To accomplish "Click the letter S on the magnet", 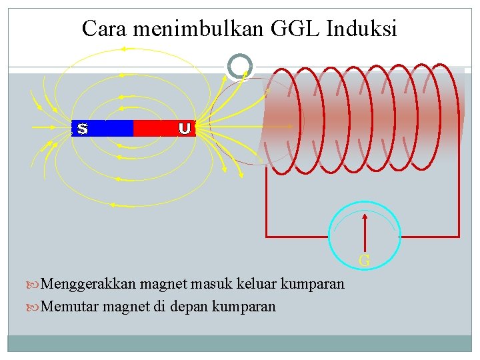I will (82, 128).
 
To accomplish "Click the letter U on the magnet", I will (185, 128).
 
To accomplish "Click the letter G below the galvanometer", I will (365, 261).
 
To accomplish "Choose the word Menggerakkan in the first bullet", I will (89, 284).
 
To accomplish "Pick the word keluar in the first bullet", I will (257, 284).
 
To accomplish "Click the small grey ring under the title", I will (240, 66).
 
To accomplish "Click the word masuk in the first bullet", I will (210, 284).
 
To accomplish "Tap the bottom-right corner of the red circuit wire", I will (459, 236).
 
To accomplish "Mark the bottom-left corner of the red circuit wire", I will (267, 236).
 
